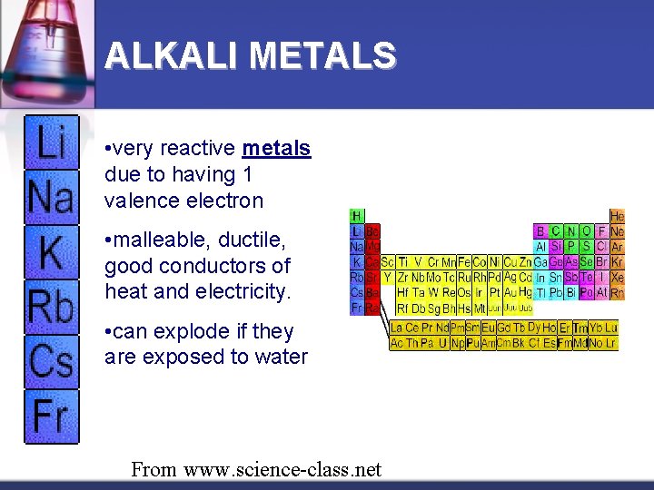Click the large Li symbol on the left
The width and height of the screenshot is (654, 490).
(51, 142)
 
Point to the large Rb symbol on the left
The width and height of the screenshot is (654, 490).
(51, 306)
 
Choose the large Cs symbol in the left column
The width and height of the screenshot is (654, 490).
(51, 360)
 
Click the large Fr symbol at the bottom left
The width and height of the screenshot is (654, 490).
(51, 415)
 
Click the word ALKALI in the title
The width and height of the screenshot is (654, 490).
(173, 56)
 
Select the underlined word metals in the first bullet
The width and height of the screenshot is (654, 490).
(276, 148)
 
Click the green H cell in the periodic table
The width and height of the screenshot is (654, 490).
(357, 217)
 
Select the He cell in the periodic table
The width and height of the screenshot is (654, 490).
(617, 217)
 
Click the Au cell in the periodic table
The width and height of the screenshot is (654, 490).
(510, 293)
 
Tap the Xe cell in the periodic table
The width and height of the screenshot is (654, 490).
(618, 278)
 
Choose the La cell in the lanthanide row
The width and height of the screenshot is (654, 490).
(397, 328)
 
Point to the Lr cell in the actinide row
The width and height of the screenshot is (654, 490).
(610, 343)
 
